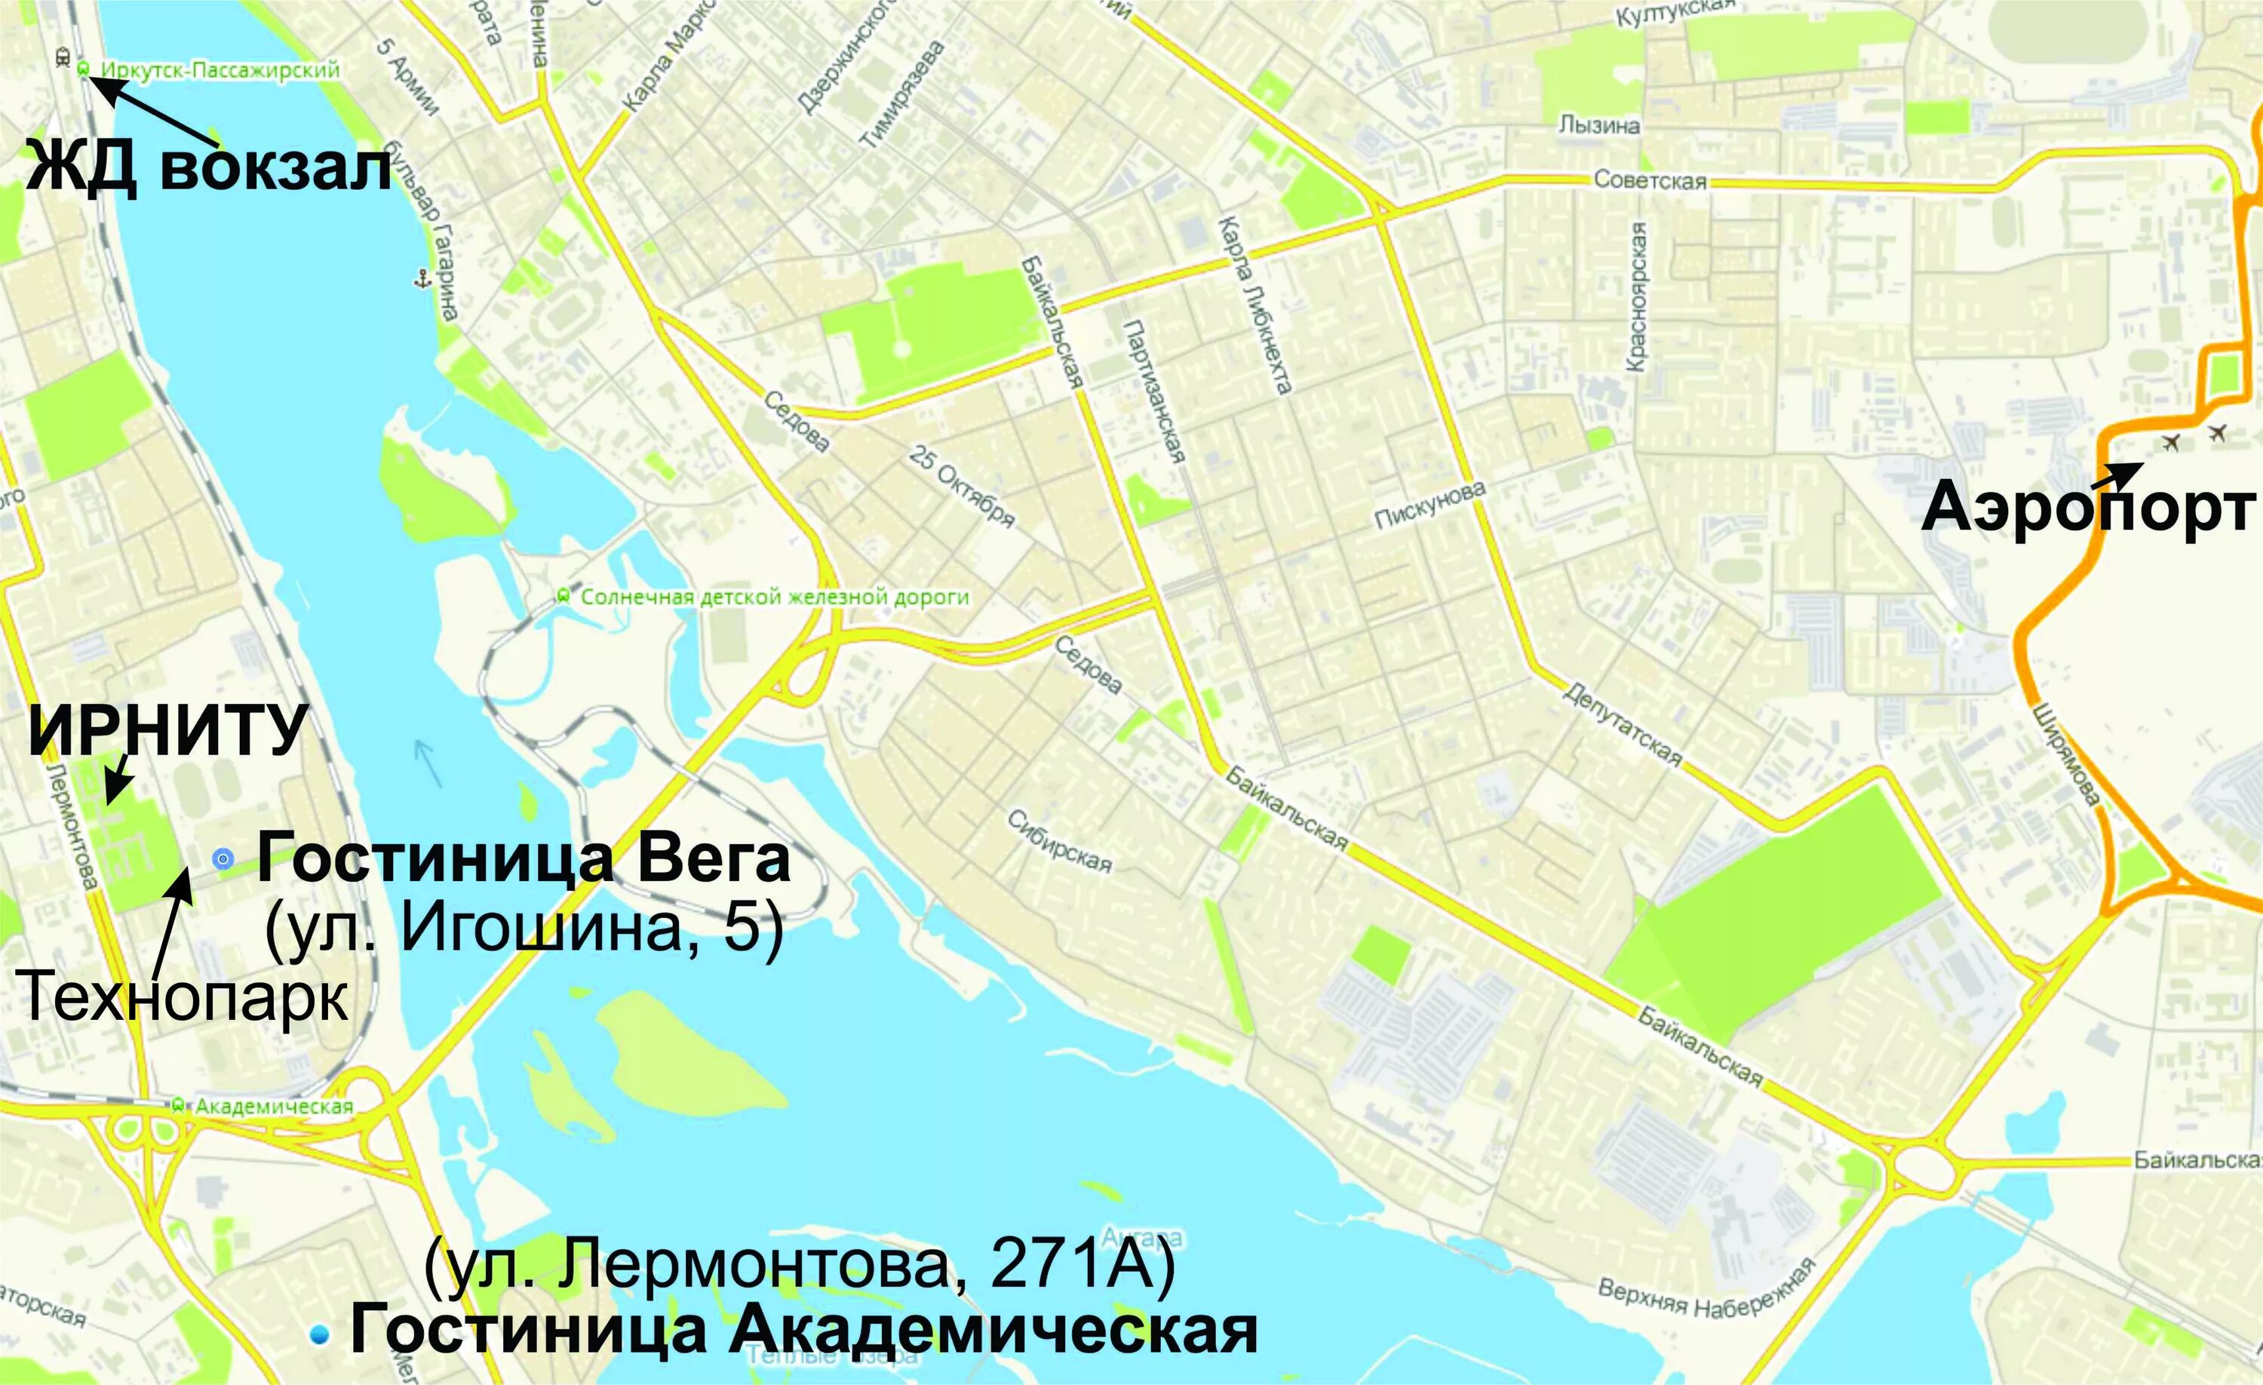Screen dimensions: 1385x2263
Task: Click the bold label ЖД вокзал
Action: [x=210, y=169]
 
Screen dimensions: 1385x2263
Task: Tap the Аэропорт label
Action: [x=2089, y=507]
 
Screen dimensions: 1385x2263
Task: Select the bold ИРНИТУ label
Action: [x=167, y=731]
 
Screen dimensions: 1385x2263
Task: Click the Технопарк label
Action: [x=183, y=997]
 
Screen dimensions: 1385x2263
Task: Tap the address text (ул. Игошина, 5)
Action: [x=524, y=929]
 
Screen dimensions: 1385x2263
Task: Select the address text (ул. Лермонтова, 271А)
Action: [x=800, y=1266]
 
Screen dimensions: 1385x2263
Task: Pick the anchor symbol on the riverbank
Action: [x=422, y=278]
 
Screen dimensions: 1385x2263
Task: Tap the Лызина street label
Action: [x=1599, y=125]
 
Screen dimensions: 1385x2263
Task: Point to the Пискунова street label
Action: [x=1429, y=506]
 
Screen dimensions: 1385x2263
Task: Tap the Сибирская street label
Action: [x=1059, y=841]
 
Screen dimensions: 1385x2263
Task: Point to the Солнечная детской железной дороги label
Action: [x=774, y=597]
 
